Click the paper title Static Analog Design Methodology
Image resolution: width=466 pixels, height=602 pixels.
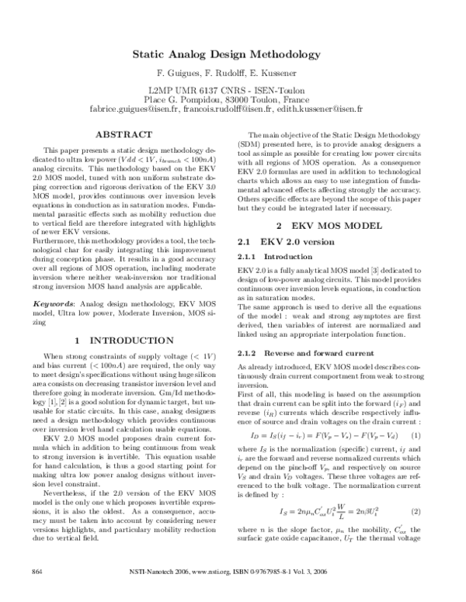pos(232,57)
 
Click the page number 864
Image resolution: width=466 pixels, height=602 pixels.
pos(35,593)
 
